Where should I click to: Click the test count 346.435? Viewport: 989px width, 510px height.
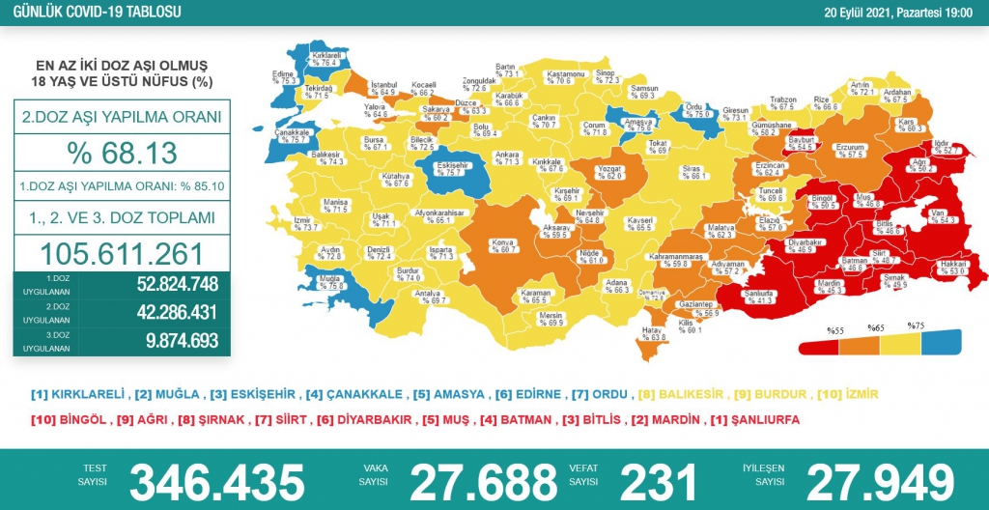pyautogui.click(x=216, y=480)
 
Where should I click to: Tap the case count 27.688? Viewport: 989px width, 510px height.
pyautogui.click(x=483, y=480)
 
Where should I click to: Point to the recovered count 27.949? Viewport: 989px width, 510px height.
pyautogui.click(x=880, y=480)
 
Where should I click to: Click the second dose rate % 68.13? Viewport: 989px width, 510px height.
pyautogui.click(x=122, y=153)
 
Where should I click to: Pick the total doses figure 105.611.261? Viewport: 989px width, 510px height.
pyautogui.click(x=122, y=253)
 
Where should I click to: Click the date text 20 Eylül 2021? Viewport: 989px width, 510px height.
pyautogui.click(x=868, y=12)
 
